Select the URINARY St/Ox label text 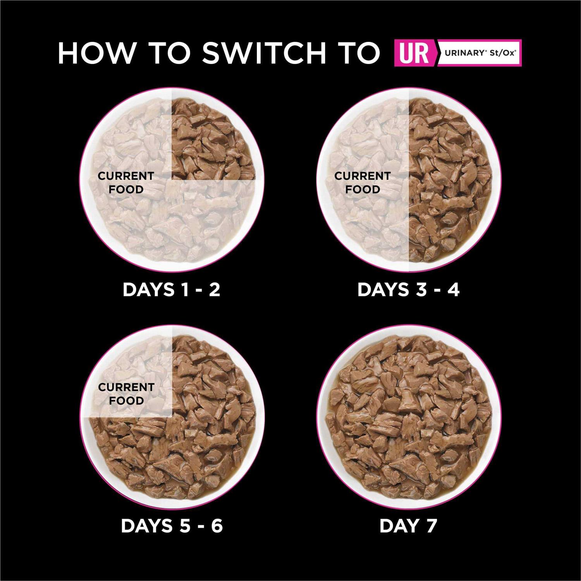coord(480,53)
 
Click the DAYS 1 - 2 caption coord(171,290)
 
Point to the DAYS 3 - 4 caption coord(408,290)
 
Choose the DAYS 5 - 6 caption coord(172,526)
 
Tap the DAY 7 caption coord(408,526)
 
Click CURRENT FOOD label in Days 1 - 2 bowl coord(126,182)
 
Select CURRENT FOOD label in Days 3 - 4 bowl coord(362,182)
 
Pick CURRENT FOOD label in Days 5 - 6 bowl coord(126,394)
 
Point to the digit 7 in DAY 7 coord(430,526)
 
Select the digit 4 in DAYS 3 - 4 coord(452,290)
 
